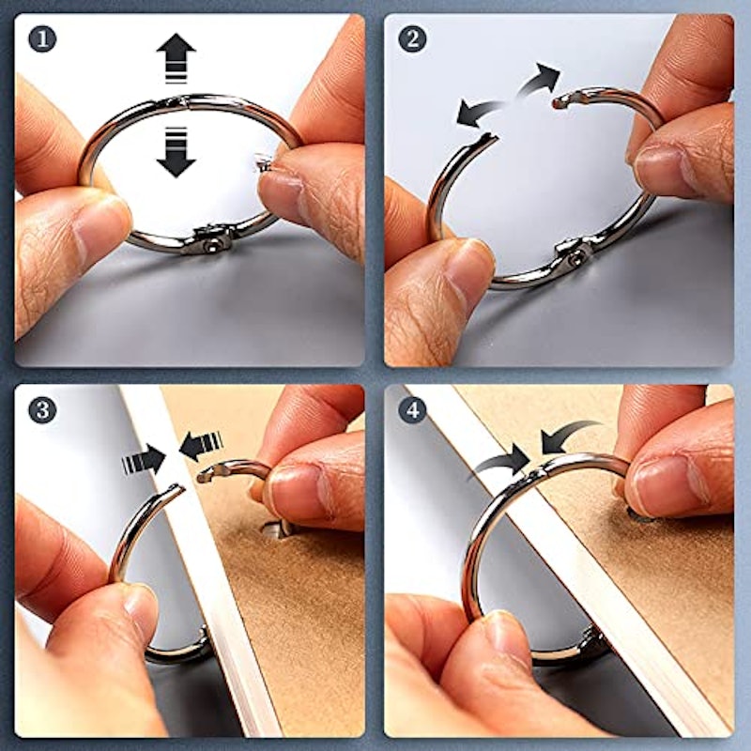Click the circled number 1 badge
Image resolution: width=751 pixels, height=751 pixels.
[x=42, y=38]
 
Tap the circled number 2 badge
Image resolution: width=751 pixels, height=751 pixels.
[x=412, y=38]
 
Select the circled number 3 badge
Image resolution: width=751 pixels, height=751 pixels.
[x=42, y=410]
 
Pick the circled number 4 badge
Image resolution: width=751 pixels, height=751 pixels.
[x=412, y=410]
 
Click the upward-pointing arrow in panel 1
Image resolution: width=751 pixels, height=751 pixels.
[x=176, y=57]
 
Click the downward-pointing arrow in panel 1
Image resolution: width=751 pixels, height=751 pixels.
[x=176, y=152]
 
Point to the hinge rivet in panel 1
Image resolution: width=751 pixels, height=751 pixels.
[x=210, y=246]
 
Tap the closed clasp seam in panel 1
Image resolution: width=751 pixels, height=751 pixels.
[x=184, y=101]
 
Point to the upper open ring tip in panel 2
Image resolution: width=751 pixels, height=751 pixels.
[x=558, y=101]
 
